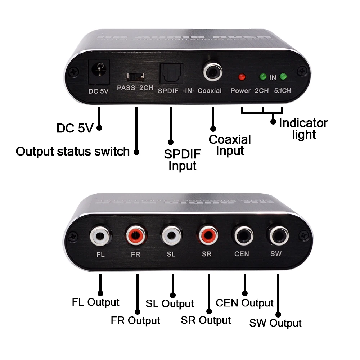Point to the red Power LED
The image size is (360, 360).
pyautogui.click(x=242, y=77)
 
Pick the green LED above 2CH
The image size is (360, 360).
pyautogui.click(x=263, y=76)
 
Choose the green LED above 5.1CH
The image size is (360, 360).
pyautogui.click(x=283, y=76)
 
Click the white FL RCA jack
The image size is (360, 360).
pyautogui.click(x=99, y=237)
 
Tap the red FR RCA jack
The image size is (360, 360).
pyautogui.click(x=136, y=237)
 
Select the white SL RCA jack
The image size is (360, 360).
pyautogui.click(x=171, y=237)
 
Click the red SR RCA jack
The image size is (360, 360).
pyautogui.click(x=207, y=237)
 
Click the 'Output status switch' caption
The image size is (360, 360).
pyautogui.click(x=72, y=151)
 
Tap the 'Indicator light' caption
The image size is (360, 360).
pyautogui.click(x=303, y=129)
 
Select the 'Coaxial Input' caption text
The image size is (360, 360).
pyautogui.click(x=230, y=145)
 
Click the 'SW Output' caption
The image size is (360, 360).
pyautogui.click(x=275, y=323)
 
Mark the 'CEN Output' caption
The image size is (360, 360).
pyautogui.click(x=244, y=303)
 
